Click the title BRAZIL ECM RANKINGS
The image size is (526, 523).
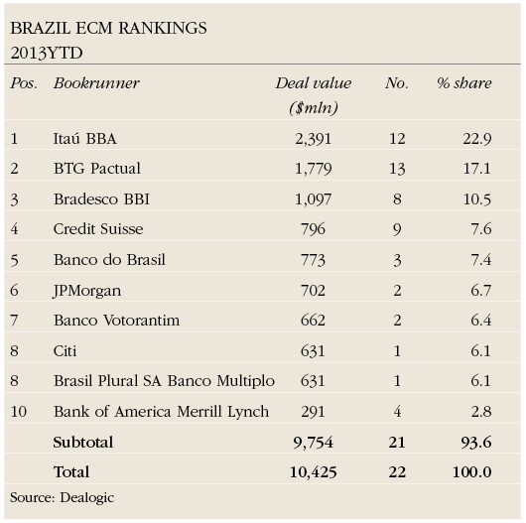pyautogui.click(x=108, y=28)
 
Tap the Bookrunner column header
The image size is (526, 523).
pyautogui.click(x=96, y=83)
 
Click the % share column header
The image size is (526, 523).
pyautogui.click(x=463, y=83)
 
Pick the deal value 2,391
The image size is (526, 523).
pyautogui.click(x=316, y=138)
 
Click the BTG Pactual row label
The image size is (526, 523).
pyautogui.click(x=97, y=169)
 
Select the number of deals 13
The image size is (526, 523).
pyautogui.click(x=397, y=169)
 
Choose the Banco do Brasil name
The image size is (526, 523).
pyautogui.click(x=109, y=259)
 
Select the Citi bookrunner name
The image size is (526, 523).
pyautogui.click(x=67, y=350)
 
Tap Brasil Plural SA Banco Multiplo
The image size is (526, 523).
pyautogui.click(x=164, y=380)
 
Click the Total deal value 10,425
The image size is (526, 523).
pyautogui.click(x=312, y=471)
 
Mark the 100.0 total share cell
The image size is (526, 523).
pyautogui.click(x=471, y=471)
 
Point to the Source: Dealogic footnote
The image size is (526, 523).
pyautogui.click(x=62, y=497)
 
